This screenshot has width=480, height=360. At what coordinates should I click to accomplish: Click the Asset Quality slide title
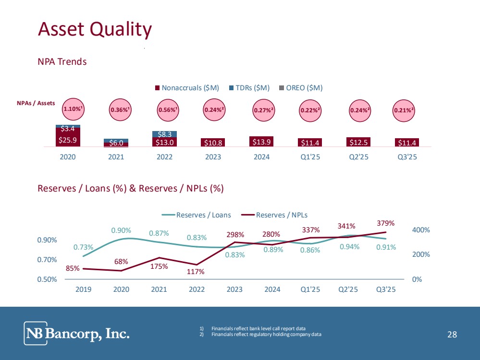pyautogui.click(x=95, y=29)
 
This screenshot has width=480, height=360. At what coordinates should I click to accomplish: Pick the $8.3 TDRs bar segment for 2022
pyautogui.click(x=164, y=134)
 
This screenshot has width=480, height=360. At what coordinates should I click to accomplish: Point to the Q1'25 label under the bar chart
pyautogui.click(x=310, y=157)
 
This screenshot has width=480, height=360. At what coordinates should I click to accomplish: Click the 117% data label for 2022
pyautogui.click(x=196, y=272)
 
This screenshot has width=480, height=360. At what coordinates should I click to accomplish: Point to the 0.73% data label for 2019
pyautogui.click(x=83, y=247)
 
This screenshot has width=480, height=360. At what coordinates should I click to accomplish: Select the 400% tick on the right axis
pyautogui.click(x=421, y=230)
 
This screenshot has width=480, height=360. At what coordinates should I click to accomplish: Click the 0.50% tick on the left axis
pyautogui.click(x=48, y=279)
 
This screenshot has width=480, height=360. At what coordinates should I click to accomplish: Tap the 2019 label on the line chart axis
pyautogui.click(x=83, y=289)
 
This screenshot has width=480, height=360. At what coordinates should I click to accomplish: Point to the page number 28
pyautogui.click(x=452, y=335)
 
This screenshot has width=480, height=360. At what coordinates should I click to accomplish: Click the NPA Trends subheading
pyautogui.click(x=62, y=62)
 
